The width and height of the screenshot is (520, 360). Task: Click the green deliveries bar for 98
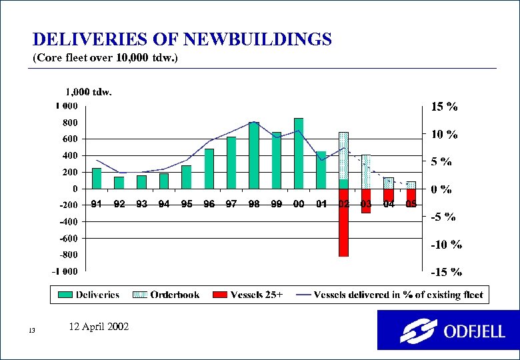[253, 156]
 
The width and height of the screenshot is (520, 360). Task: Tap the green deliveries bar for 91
[97, 178]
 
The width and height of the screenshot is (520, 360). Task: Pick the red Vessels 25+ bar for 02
[343, 230]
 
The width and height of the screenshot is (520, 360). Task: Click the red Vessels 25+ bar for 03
[366, 201]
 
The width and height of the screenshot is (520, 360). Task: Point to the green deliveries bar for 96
[209, 169]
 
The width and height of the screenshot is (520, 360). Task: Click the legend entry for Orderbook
[166, 295]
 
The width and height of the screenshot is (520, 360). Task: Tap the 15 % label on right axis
[444, 107]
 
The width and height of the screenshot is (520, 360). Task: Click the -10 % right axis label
[445, 244]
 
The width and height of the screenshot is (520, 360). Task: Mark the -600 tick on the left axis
[67, 238]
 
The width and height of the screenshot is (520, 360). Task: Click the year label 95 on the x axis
[187, 204]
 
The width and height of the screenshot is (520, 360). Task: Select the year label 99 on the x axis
[276, 204]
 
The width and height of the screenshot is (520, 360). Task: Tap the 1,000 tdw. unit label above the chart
[88, 92]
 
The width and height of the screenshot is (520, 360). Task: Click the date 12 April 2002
[99, 327]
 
